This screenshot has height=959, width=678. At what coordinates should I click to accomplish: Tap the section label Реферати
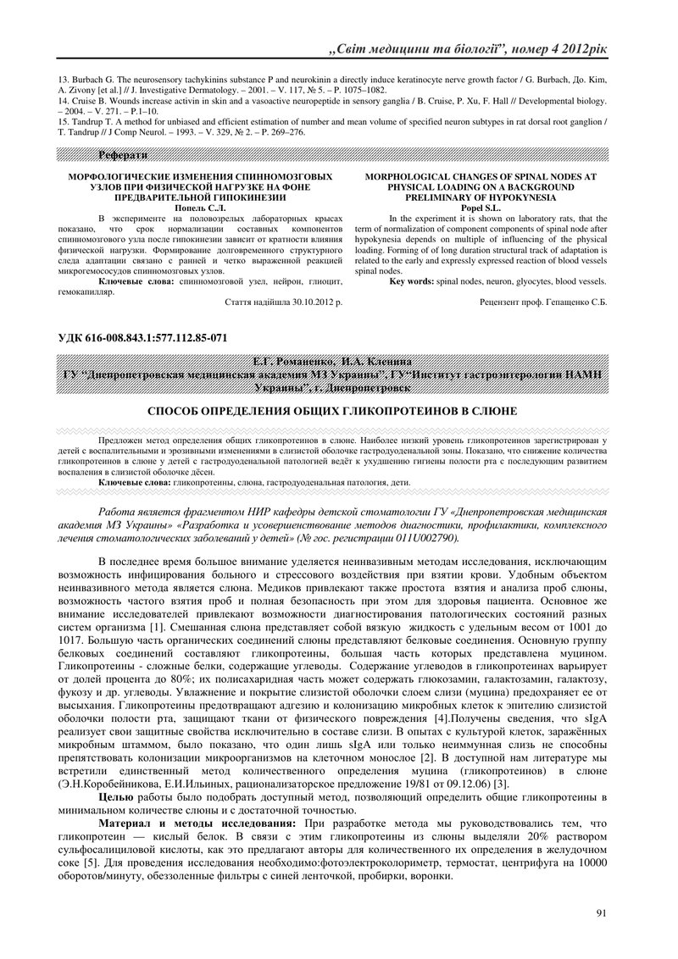[123, 155]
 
